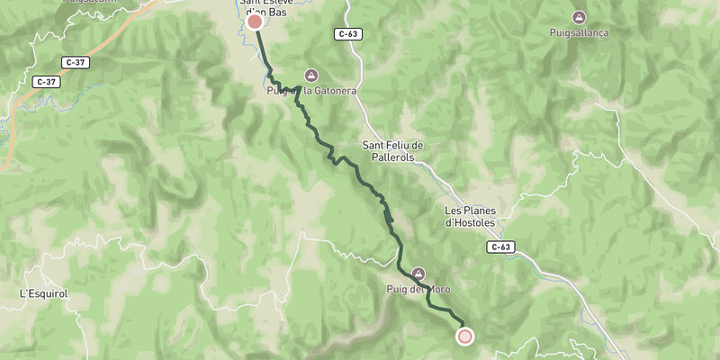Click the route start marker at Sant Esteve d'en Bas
pos(255,22)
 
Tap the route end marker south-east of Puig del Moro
pos(464,337)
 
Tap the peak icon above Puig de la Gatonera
pos(311,75)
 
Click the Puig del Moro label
pos(418,289)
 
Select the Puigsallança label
pos(580,32)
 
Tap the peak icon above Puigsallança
pos(580,17)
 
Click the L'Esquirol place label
pos(44,293)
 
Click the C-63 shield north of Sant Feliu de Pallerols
pos(348,34)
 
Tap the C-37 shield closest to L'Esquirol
pos(46,82)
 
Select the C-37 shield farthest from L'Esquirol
pos(76,61)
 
